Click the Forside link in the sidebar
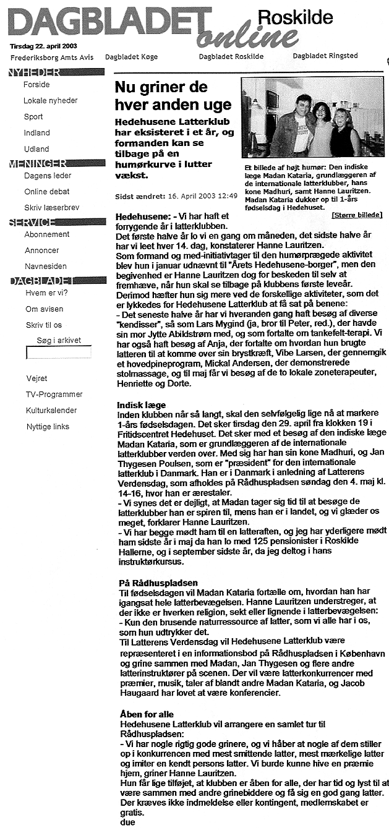coord(36,84)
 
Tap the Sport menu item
coord(33,116)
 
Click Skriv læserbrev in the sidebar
coord(51,208)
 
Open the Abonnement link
coord(47,234)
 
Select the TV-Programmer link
coord(54,394)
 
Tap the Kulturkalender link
coord(51,410)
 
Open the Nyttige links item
coord(48,426)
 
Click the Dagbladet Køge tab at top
coord(132,56)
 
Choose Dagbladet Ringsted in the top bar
coord(325,56)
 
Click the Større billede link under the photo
coord(357,215)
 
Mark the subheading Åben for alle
coord(145,714)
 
